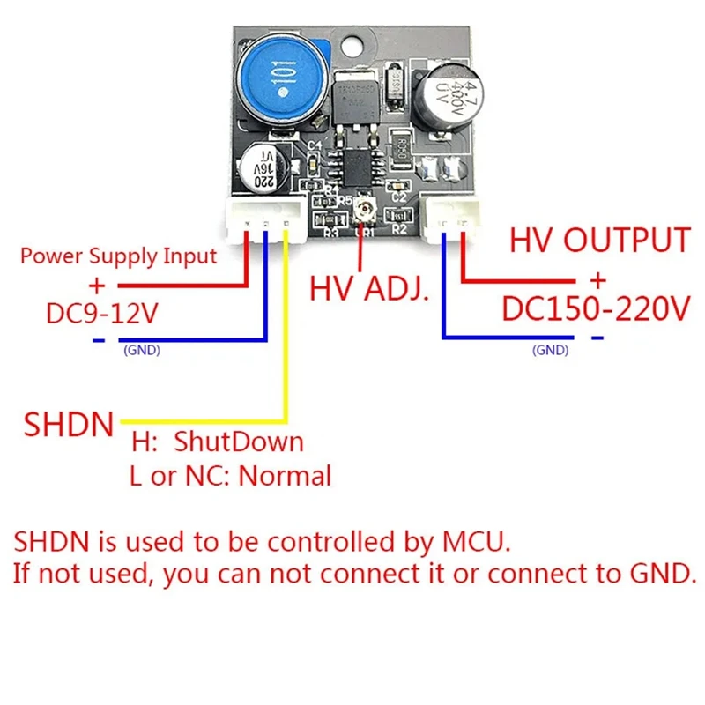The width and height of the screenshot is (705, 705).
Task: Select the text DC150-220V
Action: click(595, 309)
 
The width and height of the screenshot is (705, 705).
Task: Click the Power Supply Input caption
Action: click(118, 256)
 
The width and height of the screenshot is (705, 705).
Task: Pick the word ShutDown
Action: click(238, 441)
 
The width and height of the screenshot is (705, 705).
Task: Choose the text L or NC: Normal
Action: click(230, 477)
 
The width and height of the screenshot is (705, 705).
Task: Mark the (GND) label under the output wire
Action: click(552, 350)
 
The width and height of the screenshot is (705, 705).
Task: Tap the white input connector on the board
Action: click(263, 219)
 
